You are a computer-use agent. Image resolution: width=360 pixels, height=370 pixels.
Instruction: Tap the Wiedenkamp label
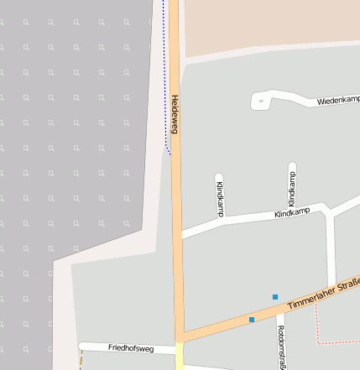tap(337, 101)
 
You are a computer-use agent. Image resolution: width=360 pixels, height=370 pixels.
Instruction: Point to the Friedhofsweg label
tap(131, 347)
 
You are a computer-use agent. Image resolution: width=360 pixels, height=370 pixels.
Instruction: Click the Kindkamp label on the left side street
tap(220, 198)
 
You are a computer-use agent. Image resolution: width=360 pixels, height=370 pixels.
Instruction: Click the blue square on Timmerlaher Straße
tap(251, 319)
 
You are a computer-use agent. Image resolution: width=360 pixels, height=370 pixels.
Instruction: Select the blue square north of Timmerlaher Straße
tap(274, 296)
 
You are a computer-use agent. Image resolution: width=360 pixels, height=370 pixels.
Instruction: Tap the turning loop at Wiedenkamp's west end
tap(260, 102)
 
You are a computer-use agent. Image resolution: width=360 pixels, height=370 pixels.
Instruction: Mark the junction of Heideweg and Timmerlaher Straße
tap(178, 335)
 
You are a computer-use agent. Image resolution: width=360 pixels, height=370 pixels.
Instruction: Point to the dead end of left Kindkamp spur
tap(219, 177)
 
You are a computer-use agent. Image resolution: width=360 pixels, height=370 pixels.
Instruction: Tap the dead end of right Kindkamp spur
tap(292, 165)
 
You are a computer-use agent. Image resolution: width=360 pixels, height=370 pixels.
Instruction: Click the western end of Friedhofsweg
tap(82, 346)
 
